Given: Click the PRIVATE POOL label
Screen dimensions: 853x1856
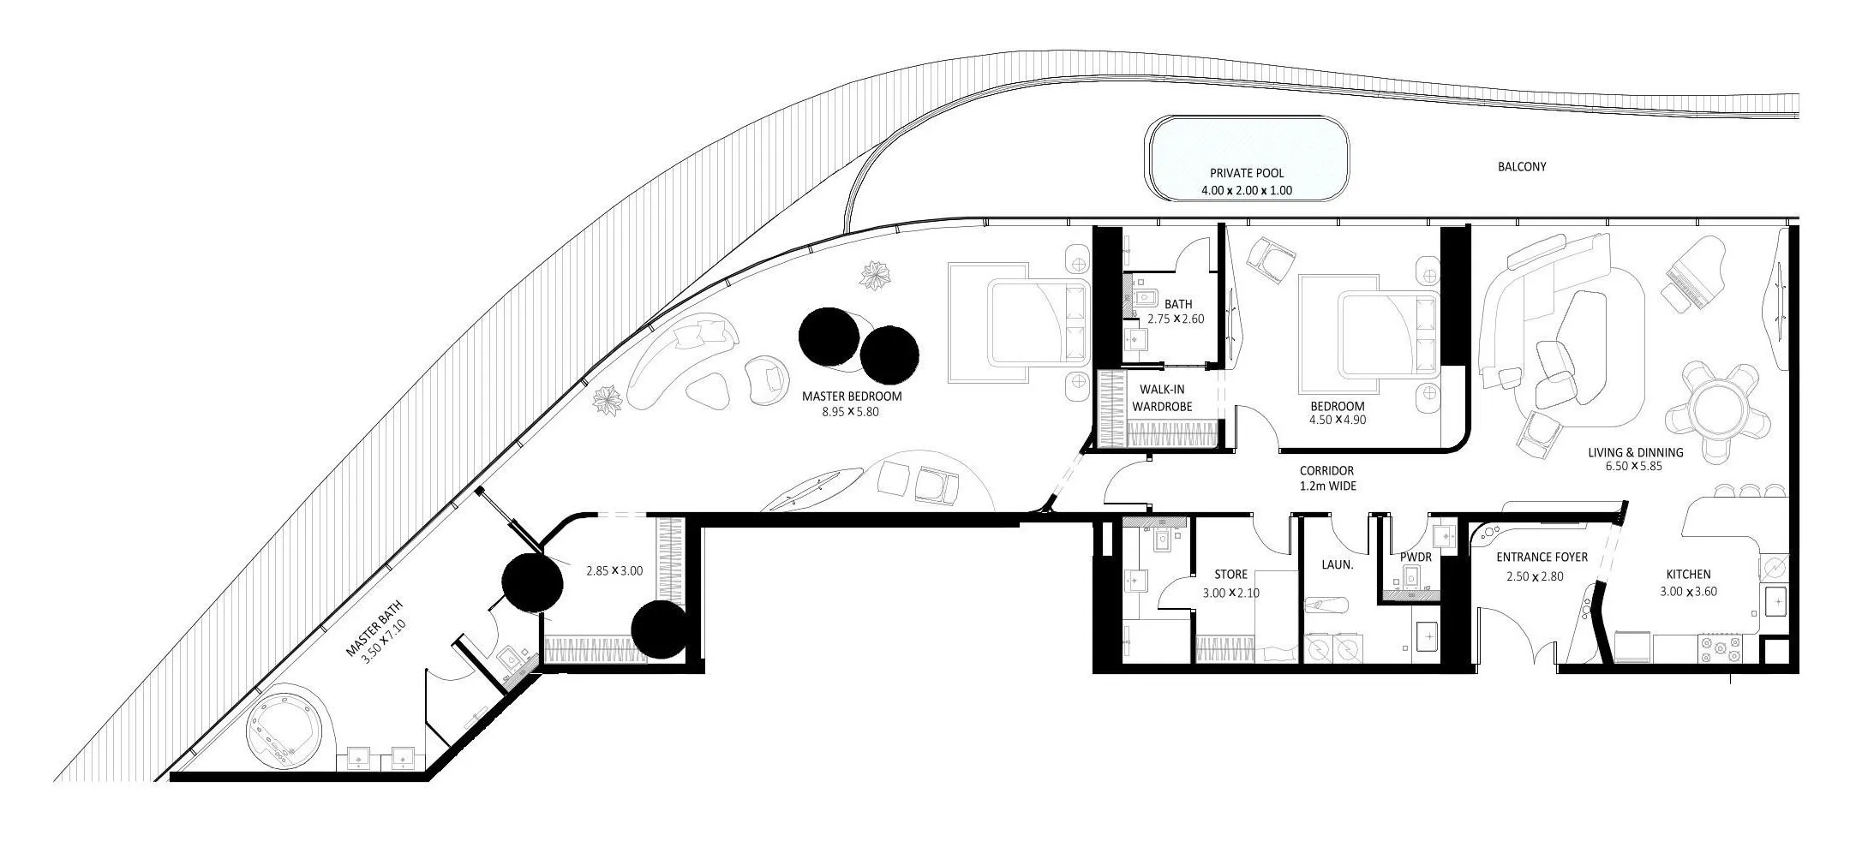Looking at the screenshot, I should click(1247, 173).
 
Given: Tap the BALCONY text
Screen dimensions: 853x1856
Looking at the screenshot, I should click(1522, 167).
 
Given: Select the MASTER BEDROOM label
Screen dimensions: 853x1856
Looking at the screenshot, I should click(851, 397).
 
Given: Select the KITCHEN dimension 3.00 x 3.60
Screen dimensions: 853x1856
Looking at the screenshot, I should click(1688, 591).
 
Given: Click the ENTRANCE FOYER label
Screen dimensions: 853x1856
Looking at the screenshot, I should click(1542, 558).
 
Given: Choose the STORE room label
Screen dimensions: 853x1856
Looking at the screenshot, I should click(1230, 575).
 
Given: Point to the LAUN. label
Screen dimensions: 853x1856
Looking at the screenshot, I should click(1337, 565).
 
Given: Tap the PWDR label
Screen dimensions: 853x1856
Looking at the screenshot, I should click(1416, 558).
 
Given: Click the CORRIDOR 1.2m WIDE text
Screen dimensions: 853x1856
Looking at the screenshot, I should click(1326, 478).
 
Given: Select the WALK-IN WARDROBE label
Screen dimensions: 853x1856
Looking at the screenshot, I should click(1162, 398).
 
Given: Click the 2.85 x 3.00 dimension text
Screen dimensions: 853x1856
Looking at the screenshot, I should click(614, 570).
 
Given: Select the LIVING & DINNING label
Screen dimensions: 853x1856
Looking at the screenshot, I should click(1635, 452).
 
